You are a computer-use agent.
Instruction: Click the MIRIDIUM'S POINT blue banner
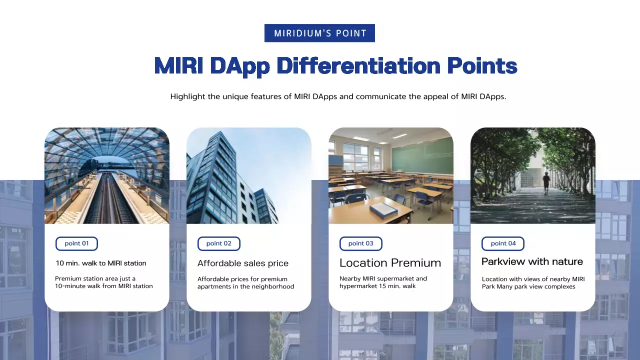[x=319, y=33]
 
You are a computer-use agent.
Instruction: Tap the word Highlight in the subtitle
[x=187, y=96]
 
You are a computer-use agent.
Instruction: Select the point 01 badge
[x=76, y=243]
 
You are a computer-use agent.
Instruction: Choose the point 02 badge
[x=219, y=243]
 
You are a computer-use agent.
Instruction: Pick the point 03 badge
[x=360, y=243]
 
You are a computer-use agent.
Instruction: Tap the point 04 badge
[x=503, y=243]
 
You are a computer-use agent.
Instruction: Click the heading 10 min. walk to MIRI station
[x=100, y=263]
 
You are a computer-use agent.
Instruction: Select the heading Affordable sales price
[x=242, y=263]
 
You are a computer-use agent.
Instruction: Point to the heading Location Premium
[x=390, y=263]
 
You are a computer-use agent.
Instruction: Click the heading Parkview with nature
[x=532, y=261]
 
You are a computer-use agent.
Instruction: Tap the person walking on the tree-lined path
[x=546, y=183]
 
